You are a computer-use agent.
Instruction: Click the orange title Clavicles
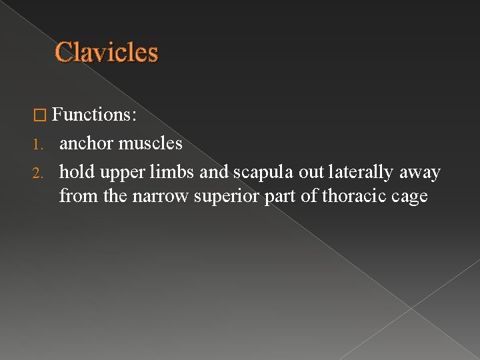107,52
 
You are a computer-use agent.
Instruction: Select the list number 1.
38,144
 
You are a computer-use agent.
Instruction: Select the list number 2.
39,173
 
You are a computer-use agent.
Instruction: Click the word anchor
86,143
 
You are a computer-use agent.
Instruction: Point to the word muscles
150,143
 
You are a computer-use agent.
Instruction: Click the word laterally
361,173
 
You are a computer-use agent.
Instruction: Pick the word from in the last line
75,197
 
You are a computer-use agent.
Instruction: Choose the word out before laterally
311,173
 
